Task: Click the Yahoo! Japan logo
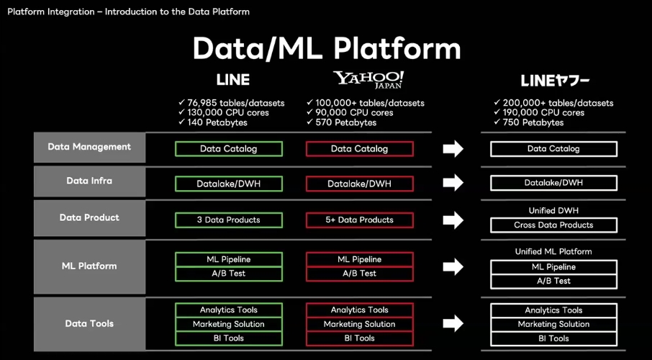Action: coord(368,79)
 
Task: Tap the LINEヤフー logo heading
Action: coord(555,81)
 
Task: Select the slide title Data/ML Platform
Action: coord(327,49)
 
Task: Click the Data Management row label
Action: coord(89,147)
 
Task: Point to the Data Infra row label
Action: coord(89,181)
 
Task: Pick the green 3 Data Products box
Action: coord(229,220)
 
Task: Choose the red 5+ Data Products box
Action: coord(360,220)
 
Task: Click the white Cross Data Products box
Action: coord(553,225)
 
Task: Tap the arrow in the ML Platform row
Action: coord(453,266)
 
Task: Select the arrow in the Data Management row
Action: coord(453,148)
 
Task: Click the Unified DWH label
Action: coord(553,210)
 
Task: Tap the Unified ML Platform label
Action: coord(553,251)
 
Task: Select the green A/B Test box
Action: coord(229,274)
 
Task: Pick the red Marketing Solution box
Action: coord(360,324)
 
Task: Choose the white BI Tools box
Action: coord(553,338)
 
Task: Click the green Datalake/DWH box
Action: coord(229,184)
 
